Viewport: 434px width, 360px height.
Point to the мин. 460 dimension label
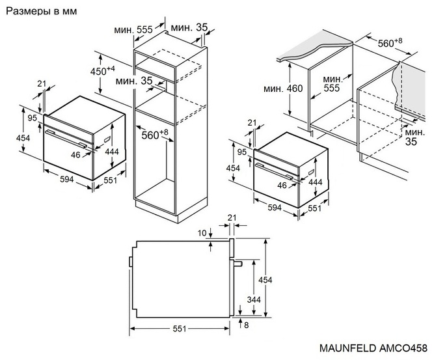(283, 89)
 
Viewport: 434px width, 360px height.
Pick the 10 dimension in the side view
(202, 232)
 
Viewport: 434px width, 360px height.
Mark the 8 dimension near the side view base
(245, 324)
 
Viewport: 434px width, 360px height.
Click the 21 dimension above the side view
(232, 217)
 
